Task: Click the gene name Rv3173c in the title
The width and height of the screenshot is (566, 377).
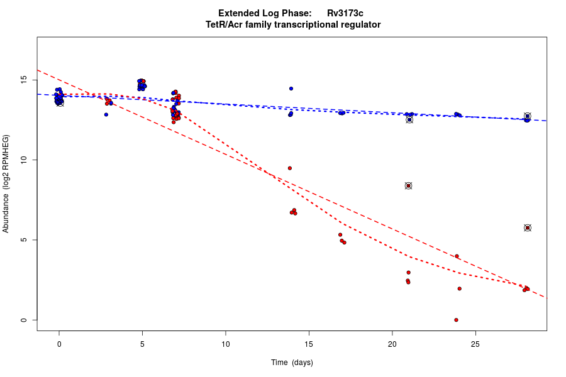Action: (x=345, y=13)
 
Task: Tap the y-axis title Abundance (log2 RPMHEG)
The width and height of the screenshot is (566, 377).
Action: (x=6, y=183)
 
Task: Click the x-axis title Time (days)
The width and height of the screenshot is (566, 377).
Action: (x=292, y=363)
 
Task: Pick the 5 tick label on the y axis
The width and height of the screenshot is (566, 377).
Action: (x=25, y=240)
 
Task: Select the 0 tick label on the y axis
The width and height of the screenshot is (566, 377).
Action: (x=25, y=320)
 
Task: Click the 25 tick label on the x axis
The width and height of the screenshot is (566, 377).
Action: (x=475, y=343)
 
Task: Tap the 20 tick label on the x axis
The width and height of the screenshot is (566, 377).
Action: (x=392, y=343)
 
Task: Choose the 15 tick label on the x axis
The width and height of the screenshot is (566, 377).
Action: (x=309, y=343)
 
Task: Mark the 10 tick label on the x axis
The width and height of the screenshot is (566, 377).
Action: (x=225, y=343)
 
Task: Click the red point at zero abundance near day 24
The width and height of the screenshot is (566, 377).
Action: (x=456, y=320)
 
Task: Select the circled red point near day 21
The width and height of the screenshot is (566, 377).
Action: (x=408, y=186)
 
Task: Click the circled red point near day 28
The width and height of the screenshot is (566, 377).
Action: (x=528, y=227)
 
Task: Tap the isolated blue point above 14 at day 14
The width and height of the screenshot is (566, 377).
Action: (x=291, y=89)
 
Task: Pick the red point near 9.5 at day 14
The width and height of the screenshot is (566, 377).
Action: (x=290, y=168)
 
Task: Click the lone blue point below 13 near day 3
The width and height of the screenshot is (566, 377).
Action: (x=106, y=114)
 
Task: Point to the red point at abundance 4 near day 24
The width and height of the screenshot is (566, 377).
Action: (x=457, y=256)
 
